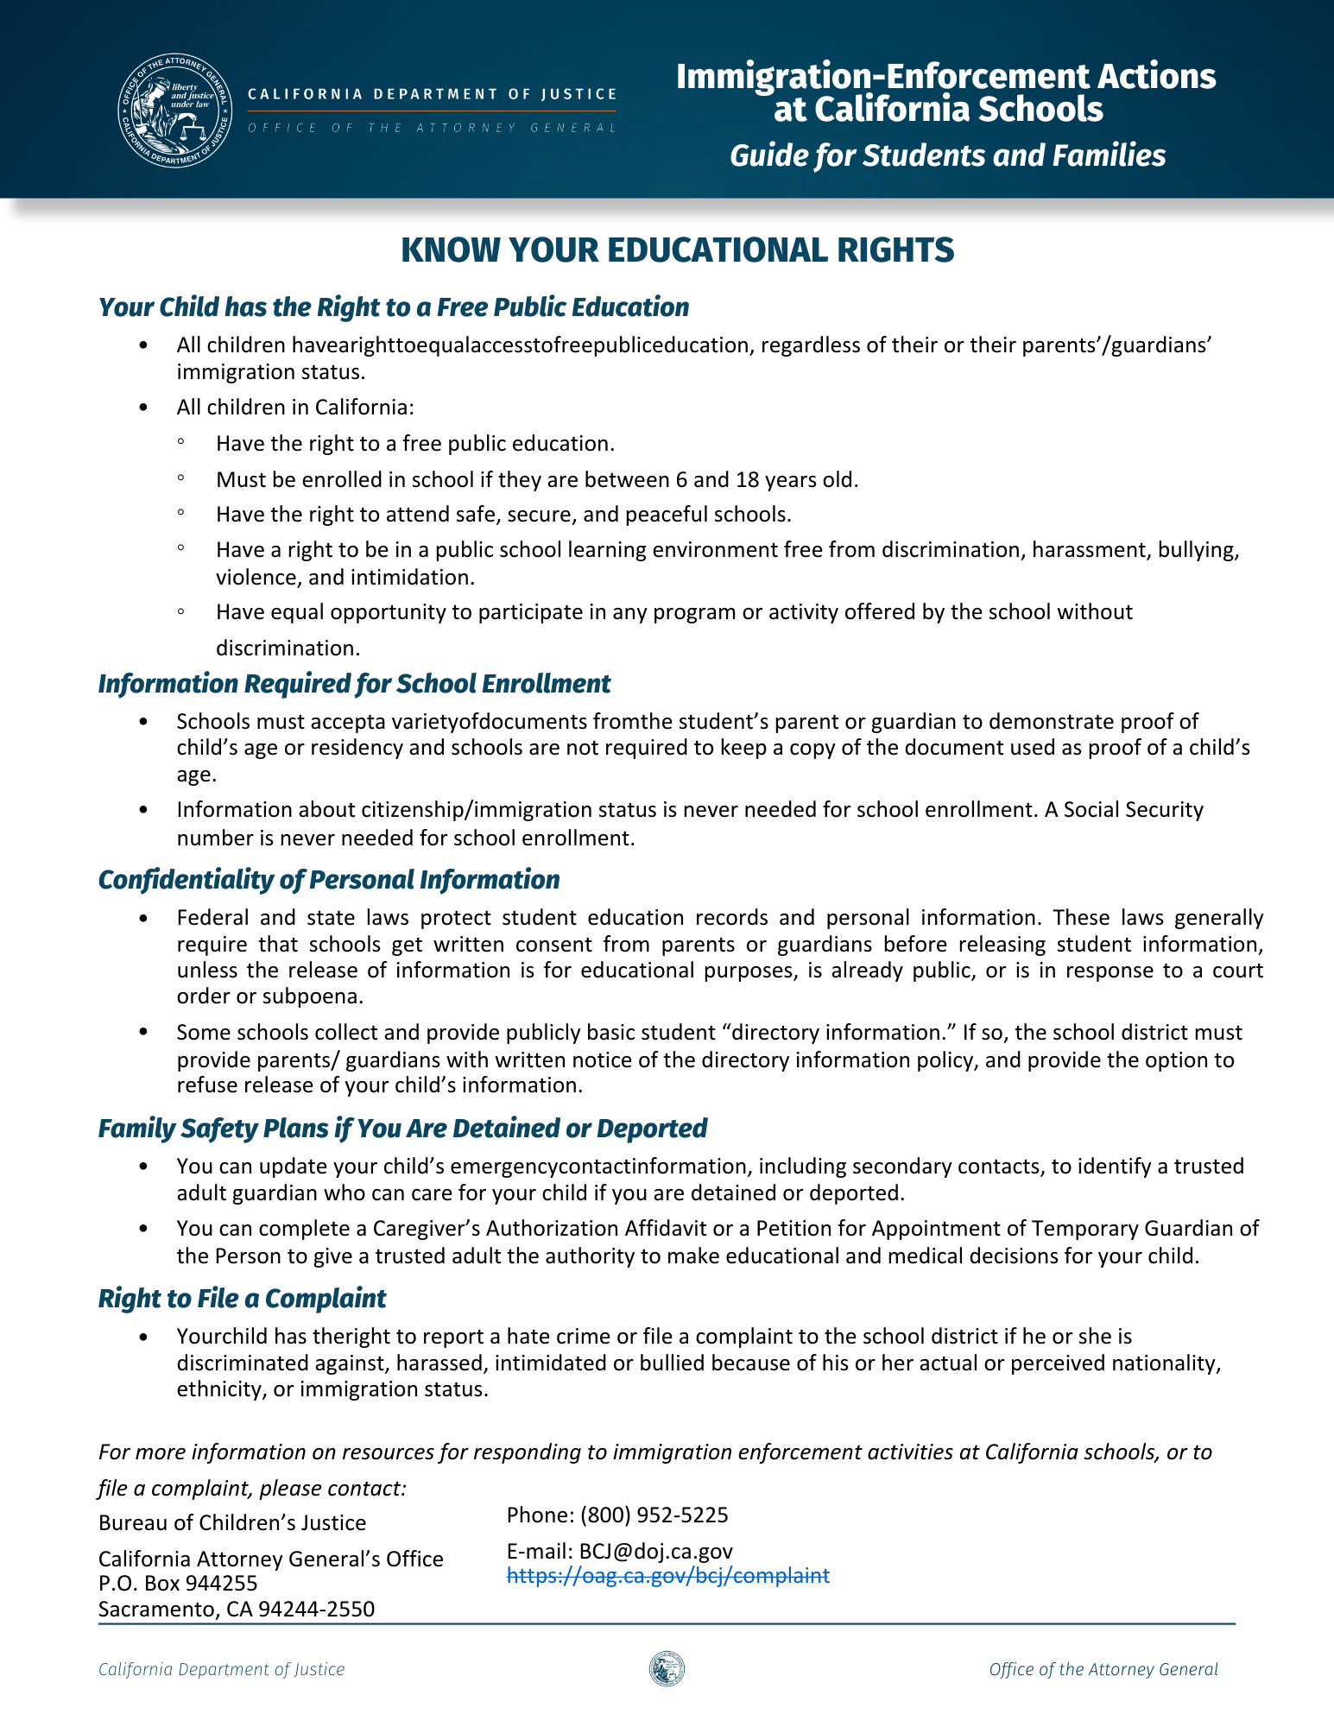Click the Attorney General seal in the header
[x=175, y=111]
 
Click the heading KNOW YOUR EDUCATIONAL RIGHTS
[x=678, y=250]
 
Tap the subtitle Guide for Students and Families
[x=947, y=155]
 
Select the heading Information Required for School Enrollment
[x=354, y=684]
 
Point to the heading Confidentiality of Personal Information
[x=329, y=880]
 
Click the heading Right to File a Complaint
[x=242, y=1299]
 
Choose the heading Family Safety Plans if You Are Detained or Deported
[x=402, y=1129]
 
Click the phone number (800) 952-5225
[x=654, y=1515]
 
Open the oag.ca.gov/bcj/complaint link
[x=667, y=1576]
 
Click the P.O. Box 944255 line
[x=178, y=1583]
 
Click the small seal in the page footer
[x=667, y=1669]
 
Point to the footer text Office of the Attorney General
[x=1103, y=1669]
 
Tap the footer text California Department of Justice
[x=221, y=1669]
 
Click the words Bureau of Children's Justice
[x=231, y=1522]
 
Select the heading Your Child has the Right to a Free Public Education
[x=394, y=307]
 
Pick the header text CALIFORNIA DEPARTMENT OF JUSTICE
[x=432, y=94]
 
